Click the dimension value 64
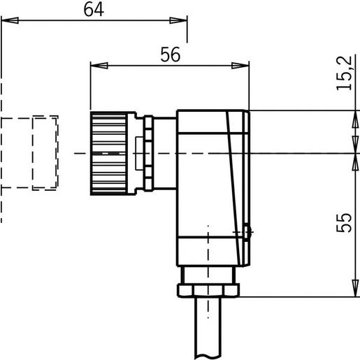(93, 10)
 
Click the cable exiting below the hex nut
(209, 329)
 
